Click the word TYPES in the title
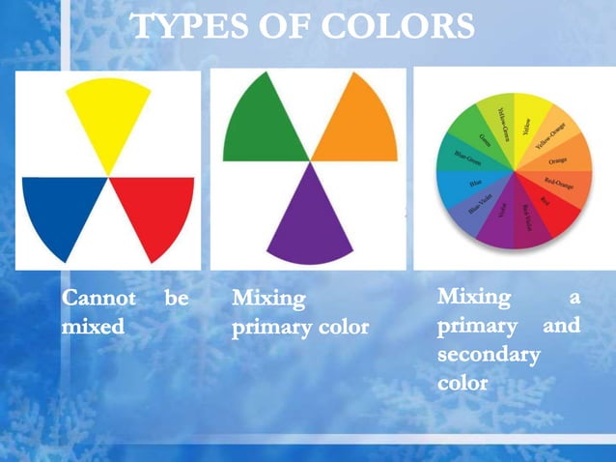tap(182, 27)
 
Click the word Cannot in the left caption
tap(97, 299)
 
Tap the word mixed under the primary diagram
tap(93, 327)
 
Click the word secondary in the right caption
tap(488, 355)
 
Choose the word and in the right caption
tap(561, 326)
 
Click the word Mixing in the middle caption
tap(268, 299)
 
